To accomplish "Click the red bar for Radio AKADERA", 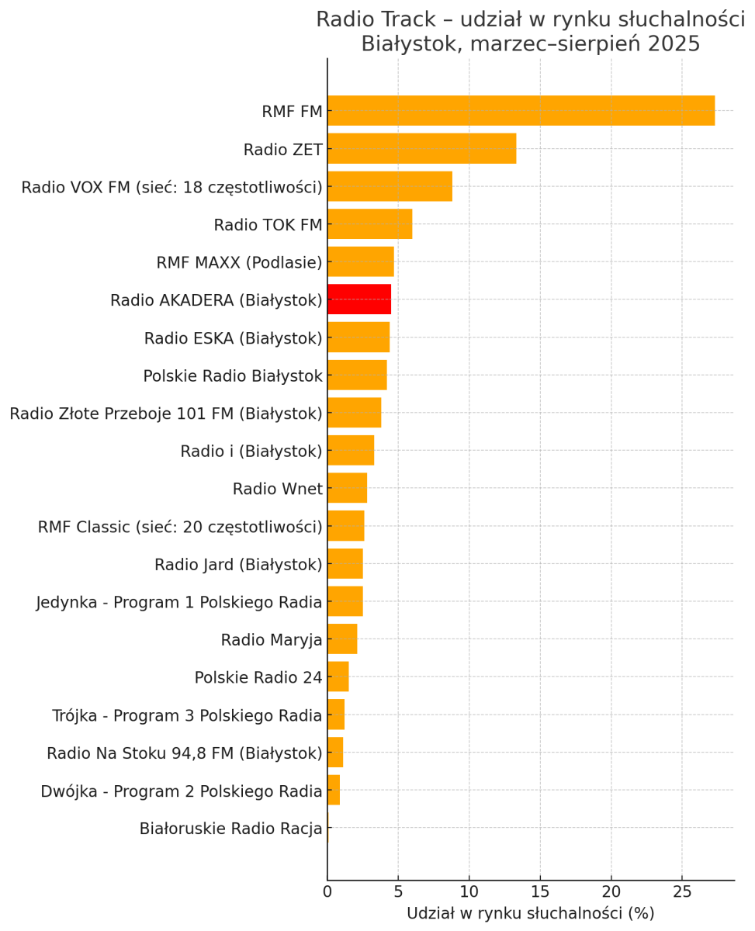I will (359, 299).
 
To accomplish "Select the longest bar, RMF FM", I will (521, 111).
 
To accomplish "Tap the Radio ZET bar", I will (421, 149).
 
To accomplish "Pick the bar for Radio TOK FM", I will (369, 224).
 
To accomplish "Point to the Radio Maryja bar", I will (342, 639).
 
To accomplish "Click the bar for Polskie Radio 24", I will (338, 677).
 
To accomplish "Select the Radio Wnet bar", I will (347, 488).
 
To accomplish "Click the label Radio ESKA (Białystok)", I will (233, 339).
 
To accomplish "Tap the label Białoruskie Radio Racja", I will (230, 829).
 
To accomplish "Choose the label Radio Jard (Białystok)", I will (238, 565).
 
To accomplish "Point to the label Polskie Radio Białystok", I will (233, 376).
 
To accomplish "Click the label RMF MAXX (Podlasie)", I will (239, 263).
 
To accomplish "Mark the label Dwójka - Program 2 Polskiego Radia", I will (182, 791).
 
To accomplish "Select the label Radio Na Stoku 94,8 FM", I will (184, 753).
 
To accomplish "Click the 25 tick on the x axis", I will (682, 891).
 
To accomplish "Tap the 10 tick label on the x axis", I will (469, 891).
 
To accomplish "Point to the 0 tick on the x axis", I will (327, 891).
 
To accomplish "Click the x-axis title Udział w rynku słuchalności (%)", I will (530, 914).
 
